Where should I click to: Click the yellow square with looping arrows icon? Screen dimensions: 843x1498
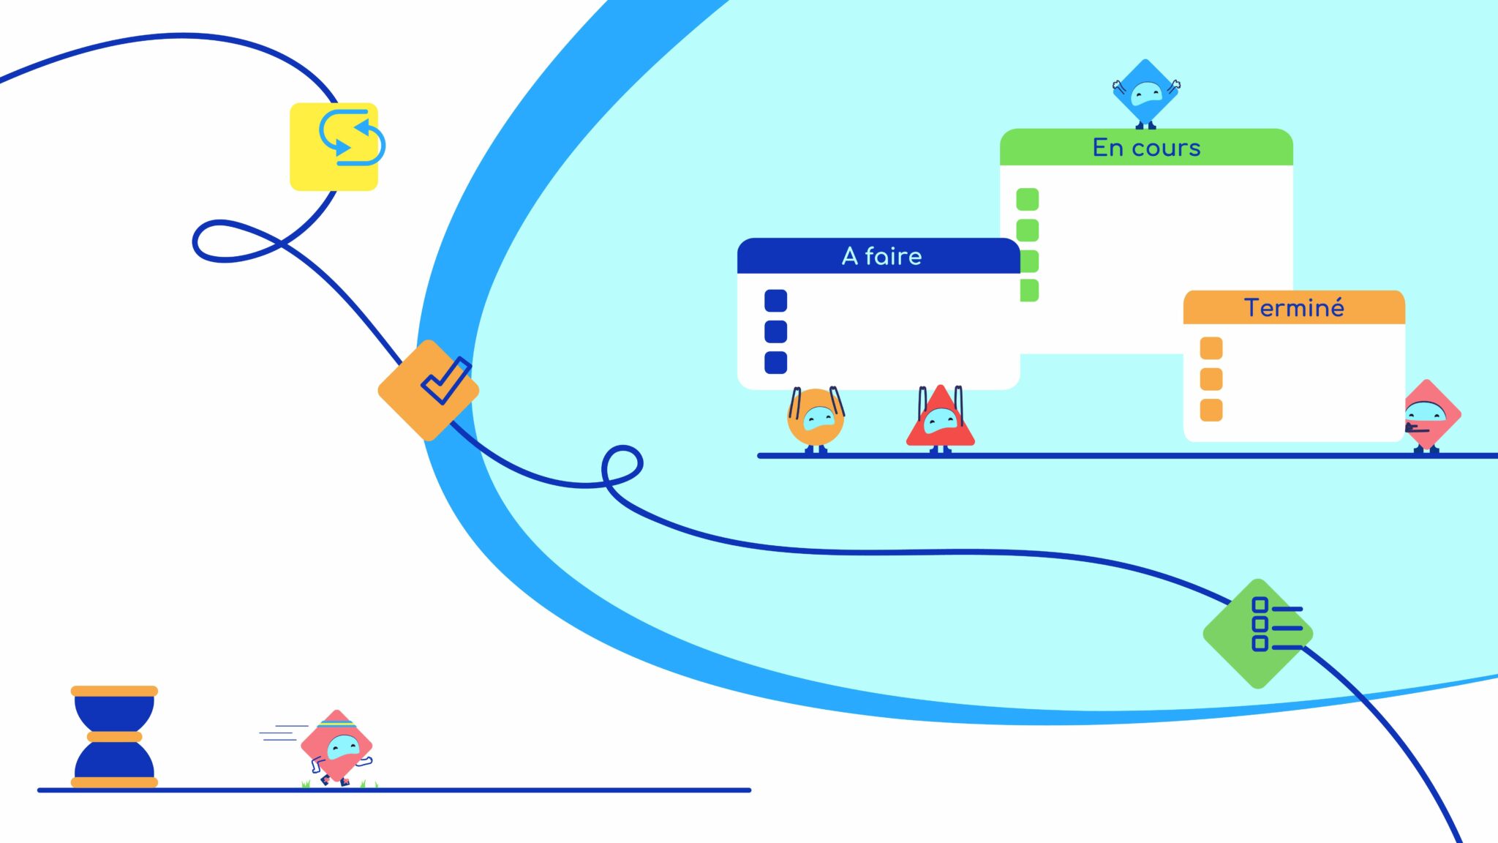(x=334, y=146)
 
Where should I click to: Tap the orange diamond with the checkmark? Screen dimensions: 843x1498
(x=429, y=389)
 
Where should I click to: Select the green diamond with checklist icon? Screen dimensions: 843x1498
(x=1258, y=633)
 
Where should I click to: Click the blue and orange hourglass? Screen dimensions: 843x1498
(x=114, y=737)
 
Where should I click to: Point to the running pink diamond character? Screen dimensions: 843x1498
(x=337, y=747)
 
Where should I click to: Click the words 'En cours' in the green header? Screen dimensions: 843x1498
(x=1146, y=148)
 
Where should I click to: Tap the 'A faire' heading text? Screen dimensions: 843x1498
(x=881, y=256)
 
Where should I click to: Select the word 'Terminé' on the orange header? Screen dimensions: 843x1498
(x=1294, y=308)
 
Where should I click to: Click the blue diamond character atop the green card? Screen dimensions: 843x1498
(x=1145, y=94)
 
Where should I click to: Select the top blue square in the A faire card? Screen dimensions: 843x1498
(x=775, y=301)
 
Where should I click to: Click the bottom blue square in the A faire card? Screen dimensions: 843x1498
(x=775, y=362)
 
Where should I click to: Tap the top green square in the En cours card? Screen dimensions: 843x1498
(x=1027, y=199)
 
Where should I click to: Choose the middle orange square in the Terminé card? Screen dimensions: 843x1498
(x=1211, y=379)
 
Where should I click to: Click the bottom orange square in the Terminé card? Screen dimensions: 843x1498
(x=1211, y=410)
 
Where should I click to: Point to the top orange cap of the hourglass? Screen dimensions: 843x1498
(x=114, y=691)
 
